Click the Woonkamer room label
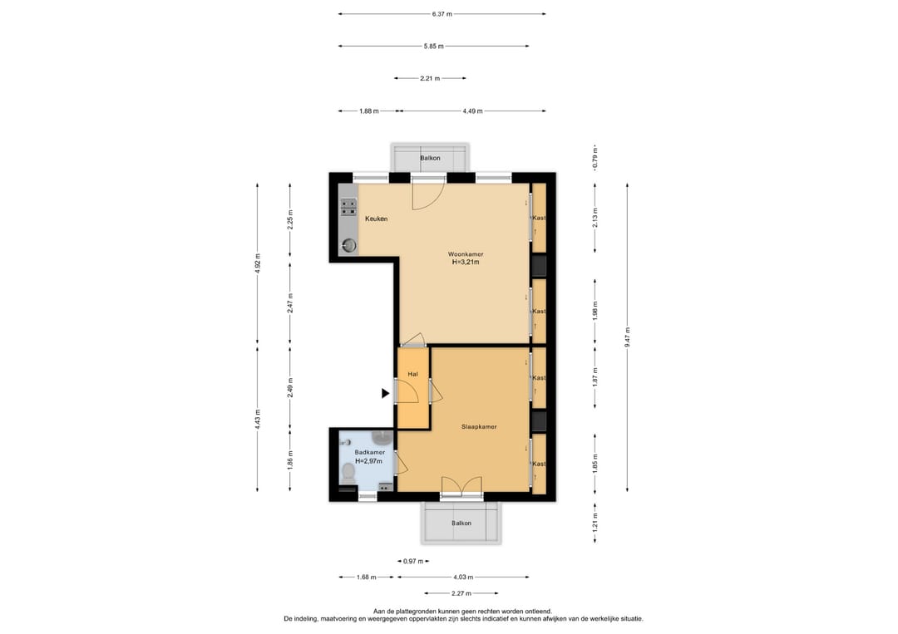(x=465, y=254)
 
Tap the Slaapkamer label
(x=479, y=427)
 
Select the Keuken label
(x=377, y=219)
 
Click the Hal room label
(x=412, y=374)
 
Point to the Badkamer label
(x=369, y=452)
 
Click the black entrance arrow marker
(x=386, y=393)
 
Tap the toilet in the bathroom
(x=348, y=471)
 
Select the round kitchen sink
(x=348, y=246)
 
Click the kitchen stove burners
(x=348, y=207)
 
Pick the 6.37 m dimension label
(x=442, y=14)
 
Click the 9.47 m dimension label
(x=627, y=337)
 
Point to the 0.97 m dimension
(x=413, y=562)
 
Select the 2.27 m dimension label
(x=461, y=593)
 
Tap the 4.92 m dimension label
(x=257, y=263)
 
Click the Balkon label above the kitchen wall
(x=430, y=158)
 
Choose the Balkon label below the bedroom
(x=461, y=523)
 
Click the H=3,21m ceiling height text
(x=466, y=263)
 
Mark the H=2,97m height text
(x=369, y=460)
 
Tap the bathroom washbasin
(x=381, y=438)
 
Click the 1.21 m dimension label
(x=595, y=523)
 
